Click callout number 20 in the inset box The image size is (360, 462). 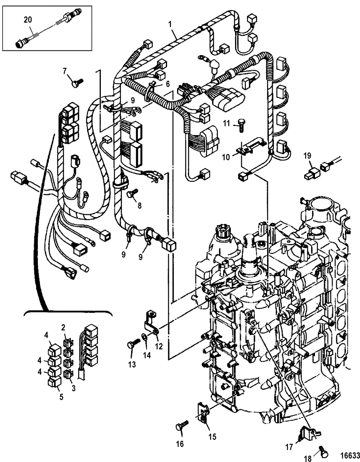point(28,20)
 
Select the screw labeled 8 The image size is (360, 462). point(132,193)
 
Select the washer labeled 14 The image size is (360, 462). point(144,337)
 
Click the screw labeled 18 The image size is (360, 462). point(323,453)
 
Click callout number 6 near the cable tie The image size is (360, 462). point(168,84)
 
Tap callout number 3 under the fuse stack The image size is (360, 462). point(73,388)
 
